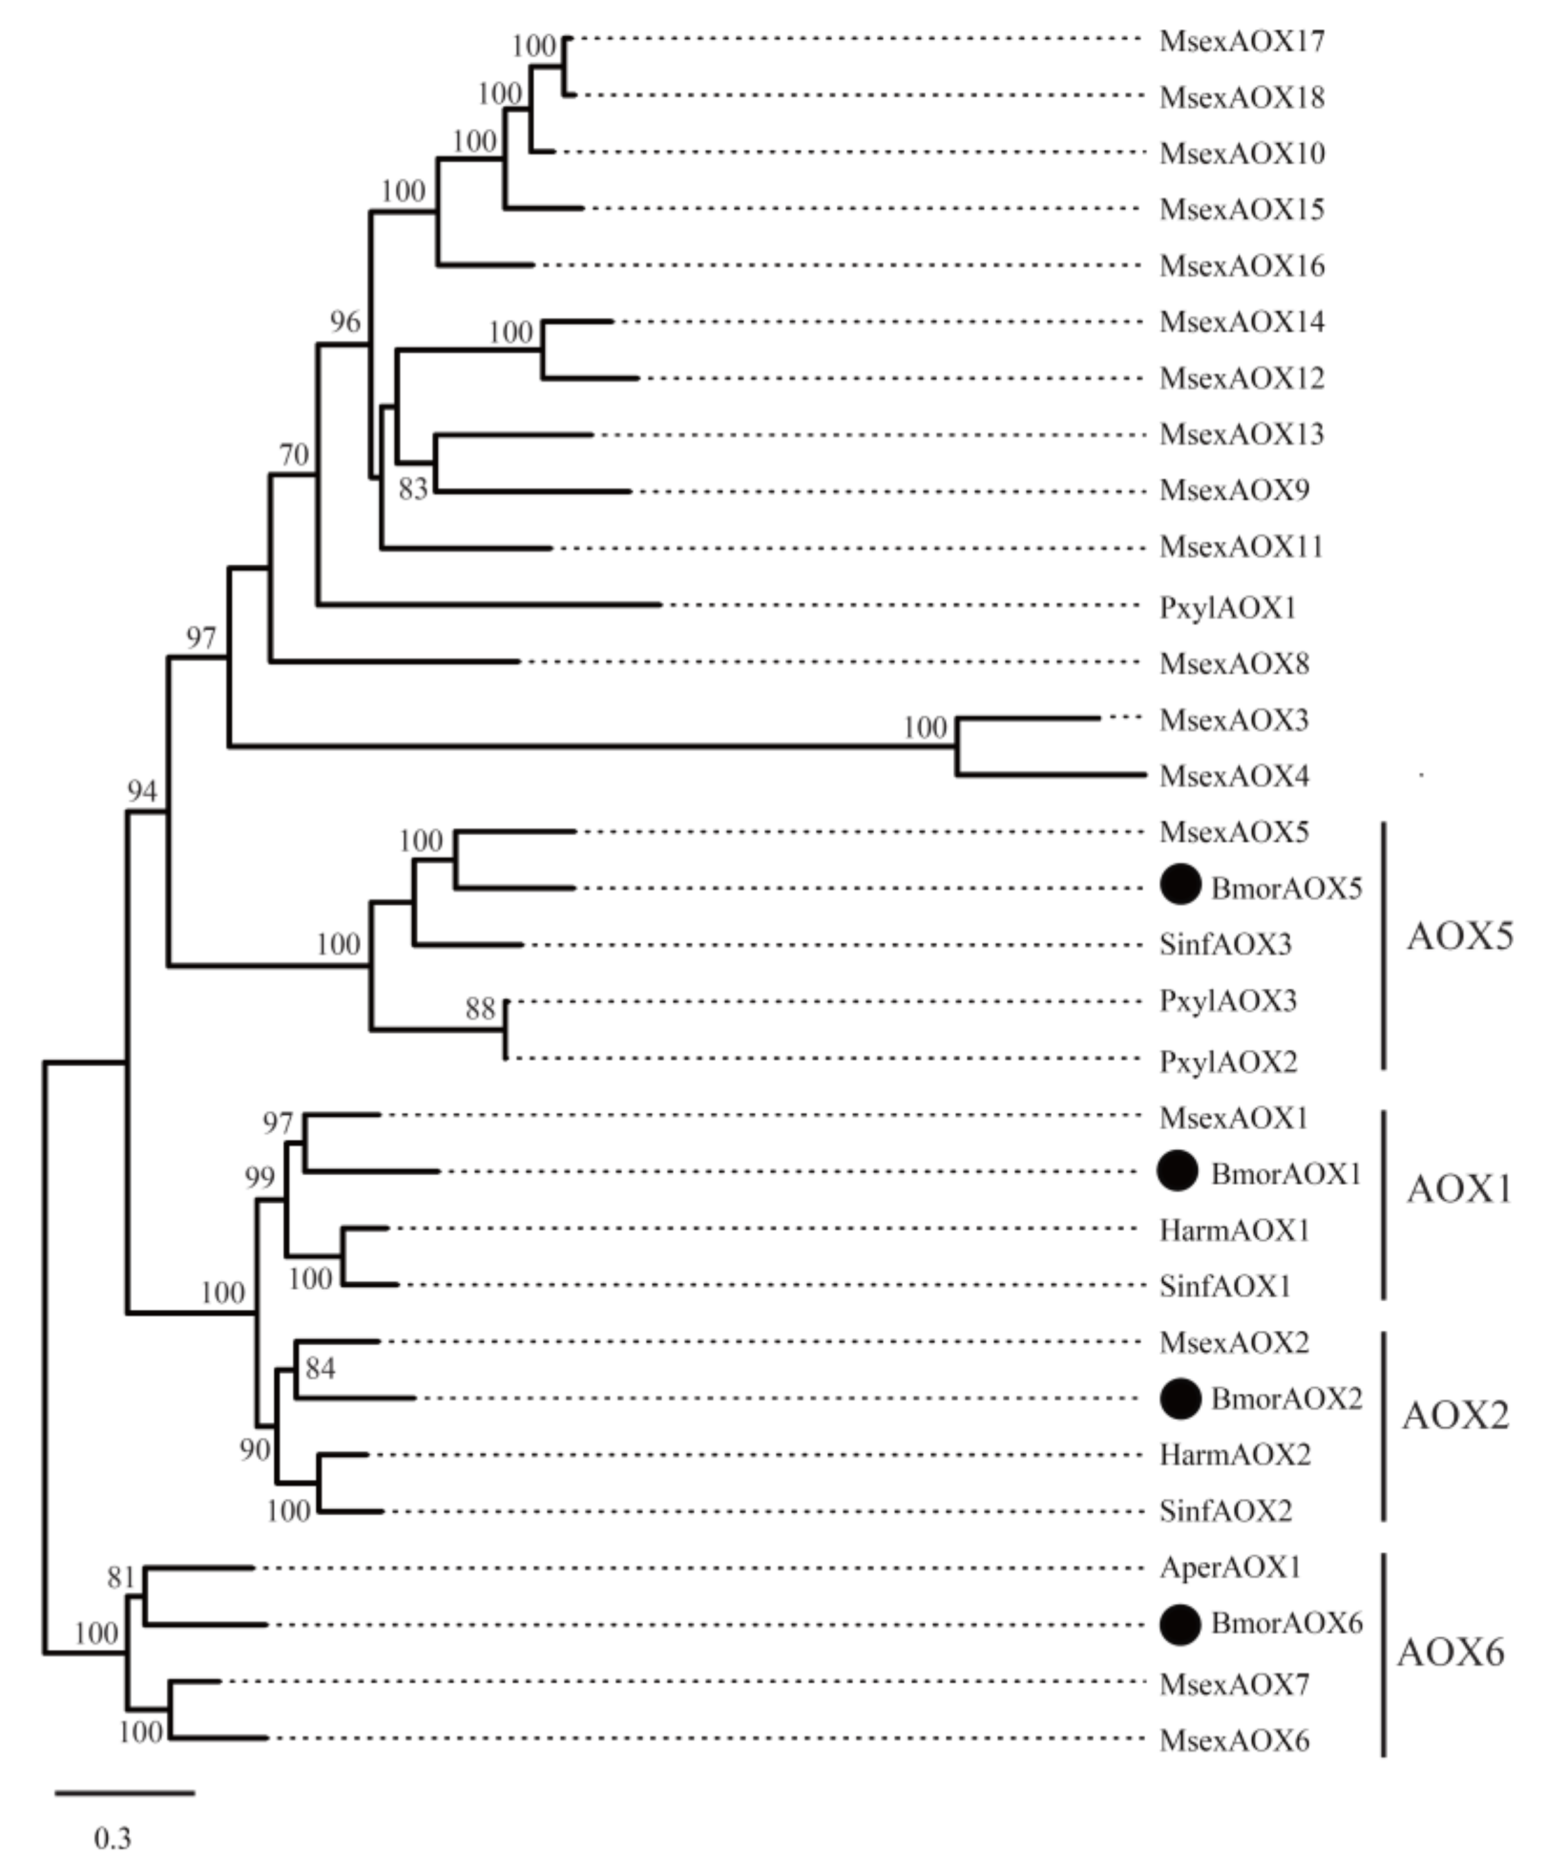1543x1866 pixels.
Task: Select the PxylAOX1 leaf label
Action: [x=1227, y=608]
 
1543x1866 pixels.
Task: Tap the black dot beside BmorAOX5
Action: [x=1180, y=884]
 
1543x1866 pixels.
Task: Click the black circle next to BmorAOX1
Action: [x=1178, y=1171]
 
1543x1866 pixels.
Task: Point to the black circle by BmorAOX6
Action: [x=1180, y=1624]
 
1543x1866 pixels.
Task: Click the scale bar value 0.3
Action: [x=113, y=1837]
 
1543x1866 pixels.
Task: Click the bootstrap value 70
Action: [x=294, y=455]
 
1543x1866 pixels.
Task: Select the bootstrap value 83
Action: [x=413, y=489]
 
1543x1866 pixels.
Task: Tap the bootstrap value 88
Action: [x=480, y=1008]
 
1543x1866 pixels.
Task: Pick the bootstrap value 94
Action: [x=142, y=791]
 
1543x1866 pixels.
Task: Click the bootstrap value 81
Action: [x=121, y=1577]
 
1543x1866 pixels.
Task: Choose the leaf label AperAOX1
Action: [x=1229, y=1567]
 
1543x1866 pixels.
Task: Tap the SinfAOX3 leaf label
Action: [x=1225, y=944]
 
